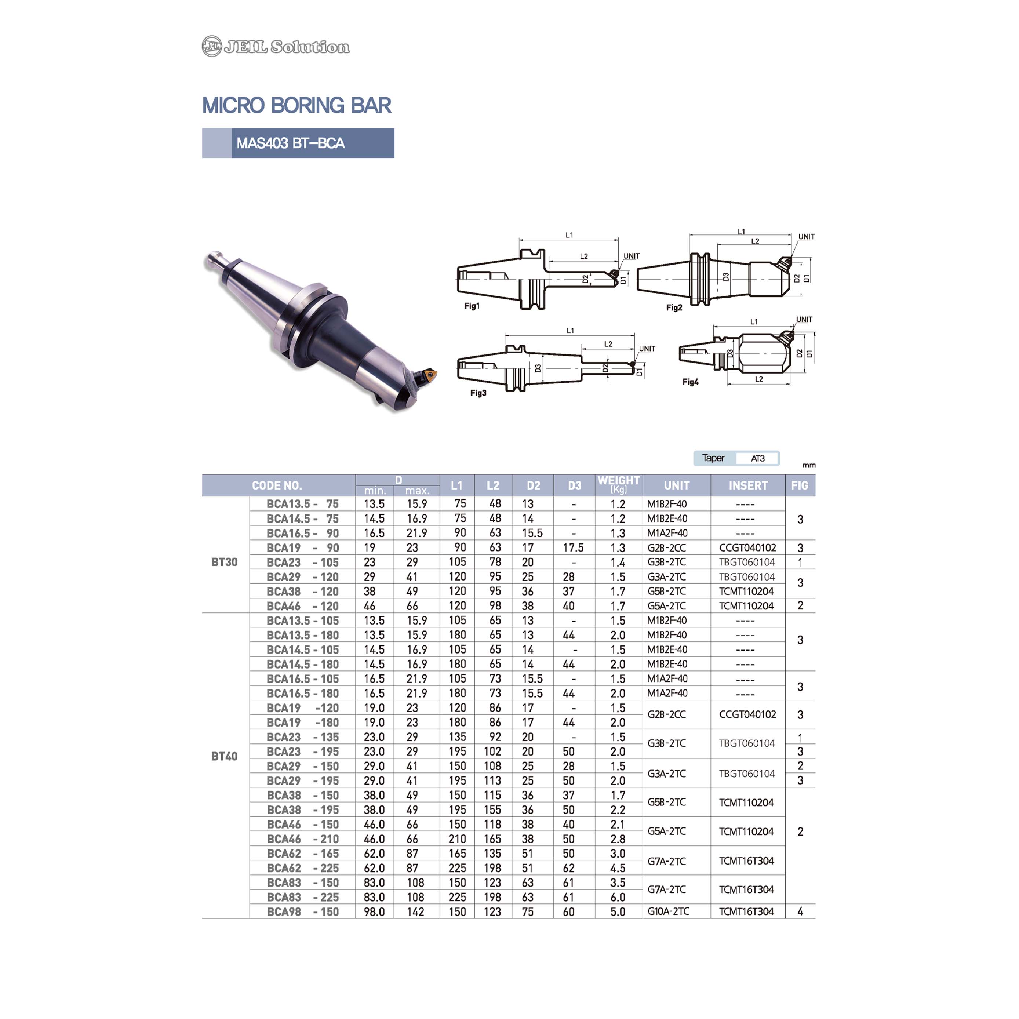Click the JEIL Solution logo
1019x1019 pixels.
coord(275,46)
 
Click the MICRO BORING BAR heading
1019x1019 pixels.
coord(297,105)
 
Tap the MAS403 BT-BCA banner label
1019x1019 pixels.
coord(291,143)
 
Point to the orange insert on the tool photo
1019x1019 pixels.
coord(429,375)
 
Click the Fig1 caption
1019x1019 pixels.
coord(472,306)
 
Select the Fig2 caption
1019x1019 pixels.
coord(674,307)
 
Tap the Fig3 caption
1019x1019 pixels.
coord(478,393)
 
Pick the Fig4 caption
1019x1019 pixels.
coord(691,382)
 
